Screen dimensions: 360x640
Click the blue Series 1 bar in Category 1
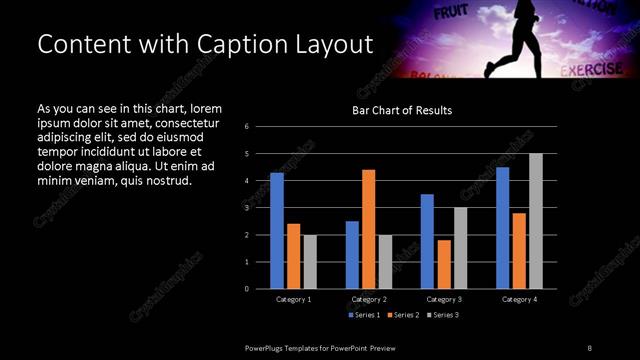(277, 231)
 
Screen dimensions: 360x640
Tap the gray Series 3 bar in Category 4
(536, 221)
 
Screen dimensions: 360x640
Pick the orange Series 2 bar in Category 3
(444, 264)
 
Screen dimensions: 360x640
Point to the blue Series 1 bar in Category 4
(502, 228)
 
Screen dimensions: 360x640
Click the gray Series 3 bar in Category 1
(310, 262)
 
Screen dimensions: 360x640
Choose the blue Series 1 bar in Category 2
(352, 255)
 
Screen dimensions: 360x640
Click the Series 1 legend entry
(363, 315)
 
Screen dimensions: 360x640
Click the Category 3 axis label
(444, 299)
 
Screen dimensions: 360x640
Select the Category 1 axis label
(294, 299)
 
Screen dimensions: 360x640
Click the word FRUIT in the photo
(451, 13)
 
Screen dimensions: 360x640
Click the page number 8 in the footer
(589, 347)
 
